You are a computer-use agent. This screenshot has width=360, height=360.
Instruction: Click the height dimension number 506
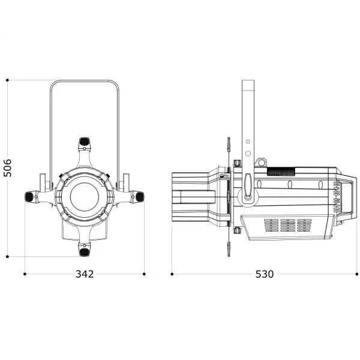(8, 169)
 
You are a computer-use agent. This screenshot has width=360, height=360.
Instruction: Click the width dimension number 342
(85, 274)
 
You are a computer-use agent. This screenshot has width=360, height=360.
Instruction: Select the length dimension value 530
(265, 274)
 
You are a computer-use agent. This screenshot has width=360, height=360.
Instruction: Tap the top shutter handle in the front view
(85, 142)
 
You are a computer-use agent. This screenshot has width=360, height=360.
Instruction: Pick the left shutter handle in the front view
(29, 196)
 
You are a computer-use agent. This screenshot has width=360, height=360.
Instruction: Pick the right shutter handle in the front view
(139, 196)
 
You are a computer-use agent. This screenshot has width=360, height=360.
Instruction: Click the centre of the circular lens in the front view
(85, 196)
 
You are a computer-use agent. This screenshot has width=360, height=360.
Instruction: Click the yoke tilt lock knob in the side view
(248, 186)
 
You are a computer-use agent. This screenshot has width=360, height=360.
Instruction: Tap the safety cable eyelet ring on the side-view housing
(260, 163)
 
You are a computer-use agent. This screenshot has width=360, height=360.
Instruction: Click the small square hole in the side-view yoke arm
(247, 142)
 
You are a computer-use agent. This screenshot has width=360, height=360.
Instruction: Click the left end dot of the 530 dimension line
(172, 274)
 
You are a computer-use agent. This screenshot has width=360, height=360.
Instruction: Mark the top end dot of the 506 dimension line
(8, 80)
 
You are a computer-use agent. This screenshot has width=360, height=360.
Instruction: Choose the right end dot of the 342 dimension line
(144, 274)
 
